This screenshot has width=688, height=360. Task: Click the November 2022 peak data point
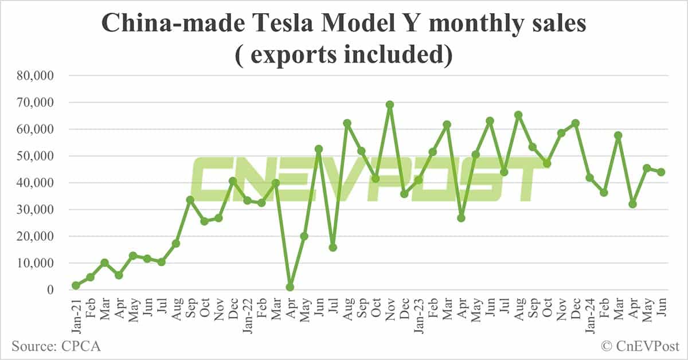coord(390,104)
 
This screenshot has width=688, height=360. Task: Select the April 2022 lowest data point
coord(290,287)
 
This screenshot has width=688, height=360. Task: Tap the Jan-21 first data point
coord(76,285)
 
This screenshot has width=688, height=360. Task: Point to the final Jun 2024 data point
coord(660,172)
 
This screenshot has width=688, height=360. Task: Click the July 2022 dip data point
coord(333,248)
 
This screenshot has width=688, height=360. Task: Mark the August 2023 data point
coord(518,115)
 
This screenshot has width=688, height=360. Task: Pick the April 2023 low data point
coord(461,218)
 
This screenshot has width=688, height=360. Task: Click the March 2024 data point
coord(618,136)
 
